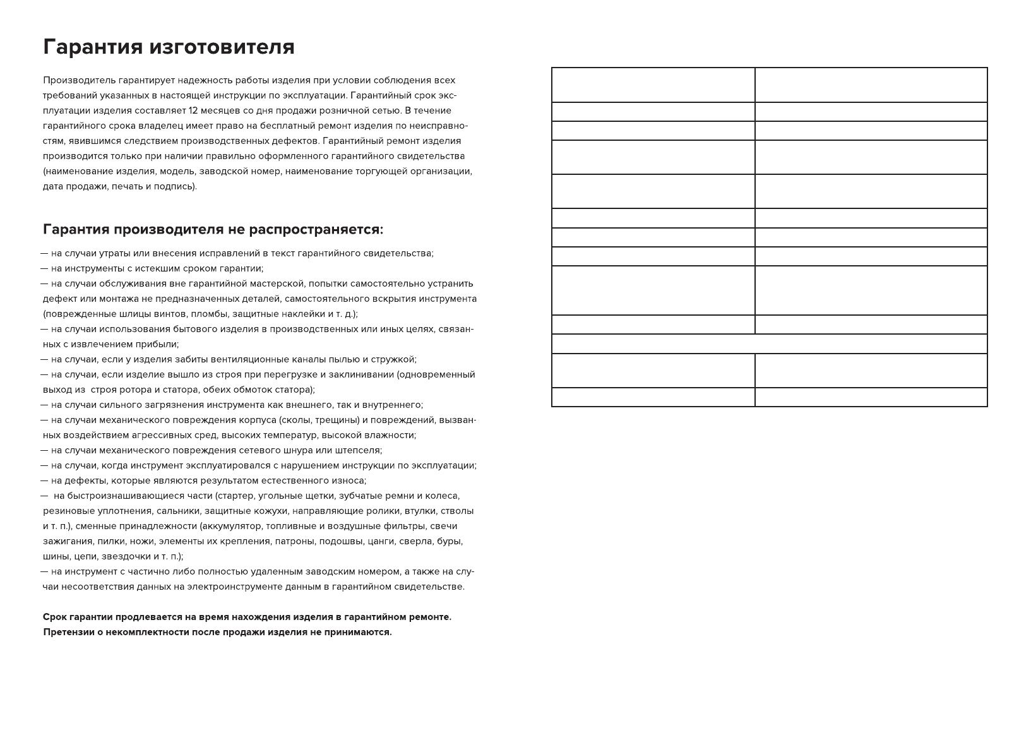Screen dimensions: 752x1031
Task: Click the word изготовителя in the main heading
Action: coord(222,47)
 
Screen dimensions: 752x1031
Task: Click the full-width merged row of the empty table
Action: coord(769,344)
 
